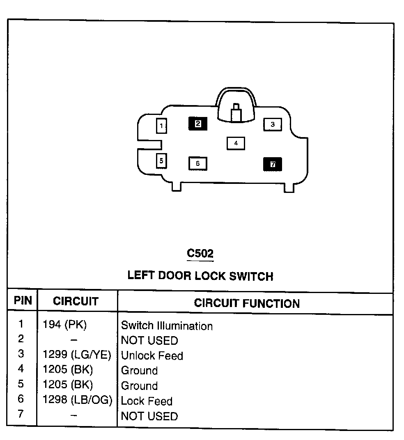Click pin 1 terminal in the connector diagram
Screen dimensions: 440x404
[x=161, y=126]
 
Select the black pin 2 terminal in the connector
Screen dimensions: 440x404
[x=198, y=123]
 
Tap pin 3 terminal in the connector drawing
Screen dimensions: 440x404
[x=272, y=124]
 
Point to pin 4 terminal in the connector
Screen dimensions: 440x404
[x=236, y=143]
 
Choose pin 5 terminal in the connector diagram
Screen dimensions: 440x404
[x=161, y=160]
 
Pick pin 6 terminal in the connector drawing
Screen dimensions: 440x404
[x=197, y=163]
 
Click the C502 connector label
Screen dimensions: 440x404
[x=200, y=253]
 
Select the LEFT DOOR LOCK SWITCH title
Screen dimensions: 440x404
[x=200, y=275]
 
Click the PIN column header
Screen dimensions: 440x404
[x=23, y=301]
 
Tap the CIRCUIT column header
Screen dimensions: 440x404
[x=76, y=302]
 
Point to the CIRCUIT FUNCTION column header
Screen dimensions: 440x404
[x=247, y=303]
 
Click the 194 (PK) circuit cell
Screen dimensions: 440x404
[x=65, y=325]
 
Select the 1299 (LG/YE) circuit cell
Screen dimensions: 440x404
[x=77, y=355]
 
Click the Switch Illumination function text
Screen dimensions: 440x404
[x=167, y=326]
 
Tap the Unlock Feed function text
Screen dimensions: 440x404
[x=152, y=355]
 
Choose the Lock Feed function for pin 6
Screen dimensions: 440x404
[x=147, y=401]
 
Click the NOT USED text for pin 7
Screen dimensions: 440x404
[x=149, y=416]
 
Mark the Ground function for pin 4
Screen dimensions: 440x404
[x=139, y=371]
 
